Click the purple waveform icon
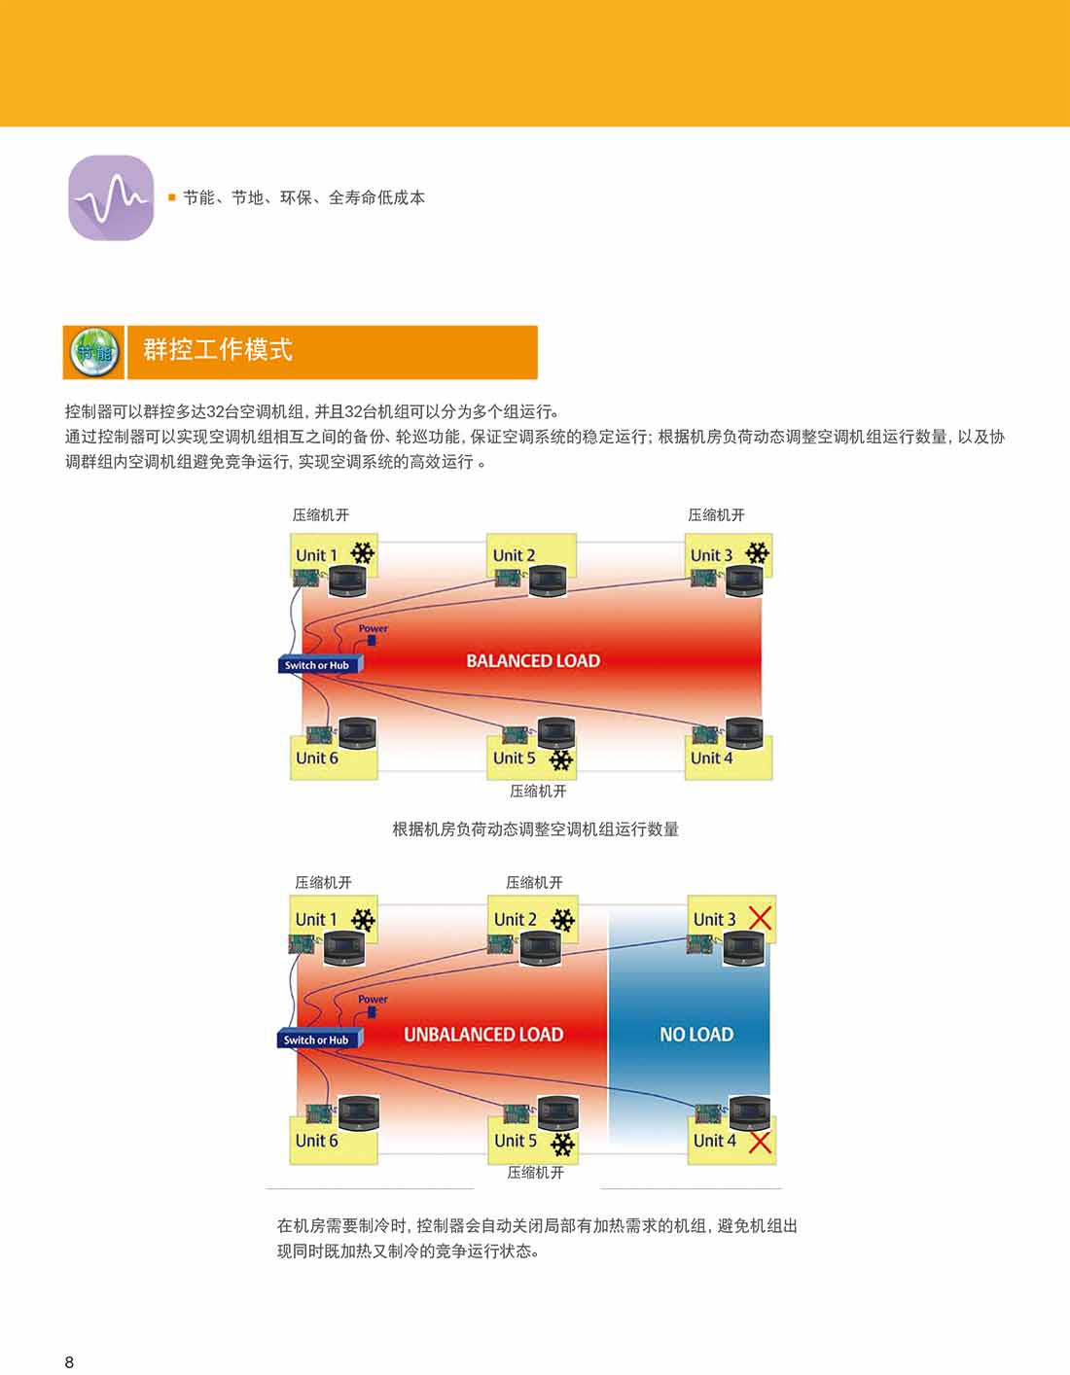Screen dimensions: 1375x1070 click(111, 197)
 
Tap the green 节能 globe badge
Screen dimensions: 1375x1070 click(94, 352)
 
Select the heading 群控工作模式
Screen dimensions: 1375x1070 click(218, 350)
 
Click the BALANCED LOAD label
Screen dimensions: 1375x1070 click(533, 661)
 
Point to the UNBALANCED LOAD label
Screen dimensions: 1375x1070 click(483, 1035)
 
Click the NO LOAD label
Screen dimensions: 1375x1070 click(696, 1035)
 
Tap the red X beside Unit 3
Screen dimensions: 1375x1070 click(760, 917)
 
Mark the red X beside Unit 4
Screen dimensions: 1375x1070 click(760, 1142)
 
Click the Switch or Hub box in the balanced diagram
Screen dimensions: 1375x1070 click(318, 665)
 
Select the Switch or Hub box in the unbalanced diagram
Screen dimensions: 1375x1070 click(317, 1040)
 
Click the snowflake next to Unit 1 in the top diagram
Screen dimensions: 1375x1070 click(362, 553)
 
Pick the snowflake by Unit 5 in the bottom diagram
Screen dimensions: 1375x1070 click(563, 1144)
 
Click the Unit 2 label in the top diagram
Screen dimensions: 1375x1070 click(514, 555)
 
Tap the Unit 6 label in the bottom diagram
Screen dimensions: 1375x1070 click(316, 1141)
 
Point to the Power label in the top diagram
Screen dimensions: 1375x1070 click(373, 628)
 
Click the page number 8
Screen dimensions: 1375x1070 click(69, 1361)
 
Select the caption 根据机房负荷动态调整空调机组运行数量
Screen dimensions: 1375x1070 click(535, 829)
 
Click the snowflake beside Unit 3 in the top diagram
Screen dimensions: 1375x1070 click(757, 553)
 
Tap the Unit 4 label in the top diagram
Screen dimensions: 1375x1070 click(711, 758)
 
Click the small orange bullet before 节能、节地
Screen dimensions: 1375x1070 click(172, 197)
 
